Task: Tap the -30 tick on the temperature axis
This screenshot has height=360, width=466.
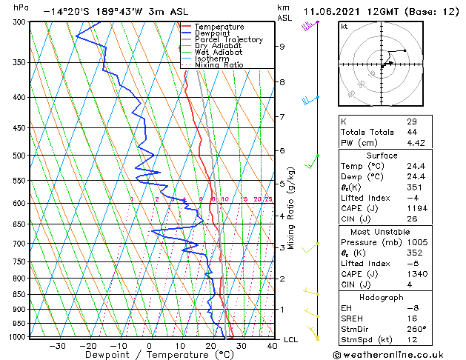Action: (x=57, y=345)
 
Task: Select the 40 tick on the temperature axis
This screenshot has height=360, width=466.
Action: (x=272, y=345)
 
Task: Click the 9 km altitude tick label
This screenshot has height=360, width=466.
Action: (x=282, y=47)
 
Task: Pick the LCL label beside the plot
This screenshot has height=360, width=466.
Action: (x=291, y=339)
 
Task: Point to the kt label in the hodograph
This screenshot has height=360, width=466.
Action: (x=344, y=26)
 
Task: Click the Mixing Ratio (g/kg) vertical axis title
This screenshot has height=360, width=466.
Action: (x=292, y=207)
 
